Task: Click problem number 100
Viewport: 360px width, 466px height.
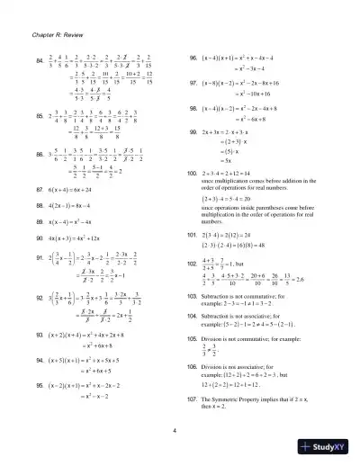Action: pyautogui.click(x=191, y=171)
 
